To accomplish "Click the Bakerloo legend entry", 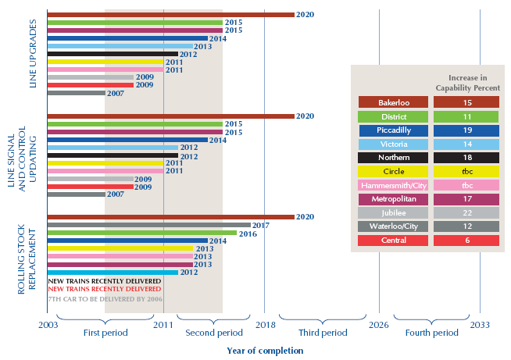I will click(x=393, y=102).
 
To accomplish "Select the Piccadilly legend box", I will click(x=393, y=130).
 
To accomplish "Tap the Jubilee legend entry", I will click(x=393, y=213).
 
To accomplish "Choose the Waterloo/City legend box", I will click(x=393, y=227).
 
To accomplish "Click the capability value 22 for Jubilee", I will click(x=467, y=213).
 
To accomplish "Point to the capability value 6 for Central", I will click(x=467, y=241).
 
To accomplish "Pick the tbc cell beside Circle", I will click(x=467, y=172).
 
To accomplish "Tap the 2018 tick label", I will click(x=264, y=323).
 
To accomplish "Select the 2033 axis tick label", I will click(x=481, y=323).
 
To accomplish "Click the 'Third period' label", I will click(x=323, y=333).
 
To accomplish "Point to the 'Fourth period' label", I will click(x=432, y=333).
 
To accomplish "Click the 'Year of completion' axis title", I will click(x=265, y=351).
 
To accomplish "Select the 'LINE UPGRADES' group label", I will click(x=32, y=55).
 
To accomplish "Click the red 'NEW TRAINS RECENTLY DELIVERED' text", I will click(x=105, y=289).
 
